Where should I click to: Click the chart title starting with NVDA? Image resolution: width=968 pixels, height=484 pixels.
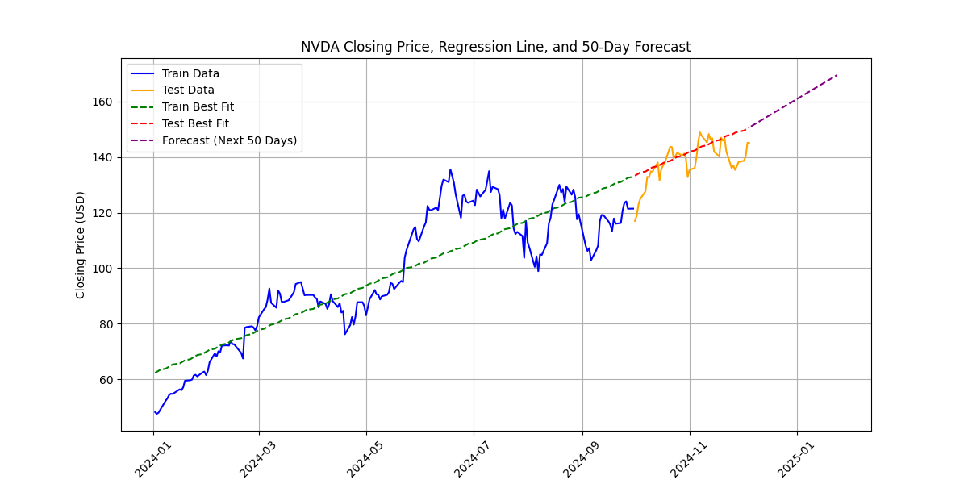click(x=495, y=47)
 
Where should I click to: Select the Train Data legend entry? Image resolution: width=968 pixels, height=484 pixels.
click(x=190, y=73)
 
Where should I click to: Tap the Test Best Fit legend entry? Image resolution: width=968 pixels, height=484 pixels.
click(x=195, y=123)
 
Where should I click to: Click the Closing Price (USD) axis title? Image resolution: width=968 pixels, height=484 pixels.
click(x=81, y=244)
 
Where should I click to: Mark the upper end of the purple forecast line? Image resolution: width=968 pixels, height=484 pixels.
click(x=837, y=75)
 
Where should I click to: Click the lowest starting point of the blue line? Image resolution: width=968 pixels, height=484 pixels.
click(x=156, y=414)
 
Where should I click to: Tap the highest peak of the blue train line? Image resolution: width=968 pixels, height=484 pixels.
click(x=450, y=169)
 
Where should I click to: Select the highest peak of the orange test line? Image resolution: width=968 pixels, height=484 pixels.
click(x=699, y=132)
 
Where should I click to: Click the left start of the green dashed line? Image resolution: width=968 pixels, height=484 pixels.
click(x=154, y=373)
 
